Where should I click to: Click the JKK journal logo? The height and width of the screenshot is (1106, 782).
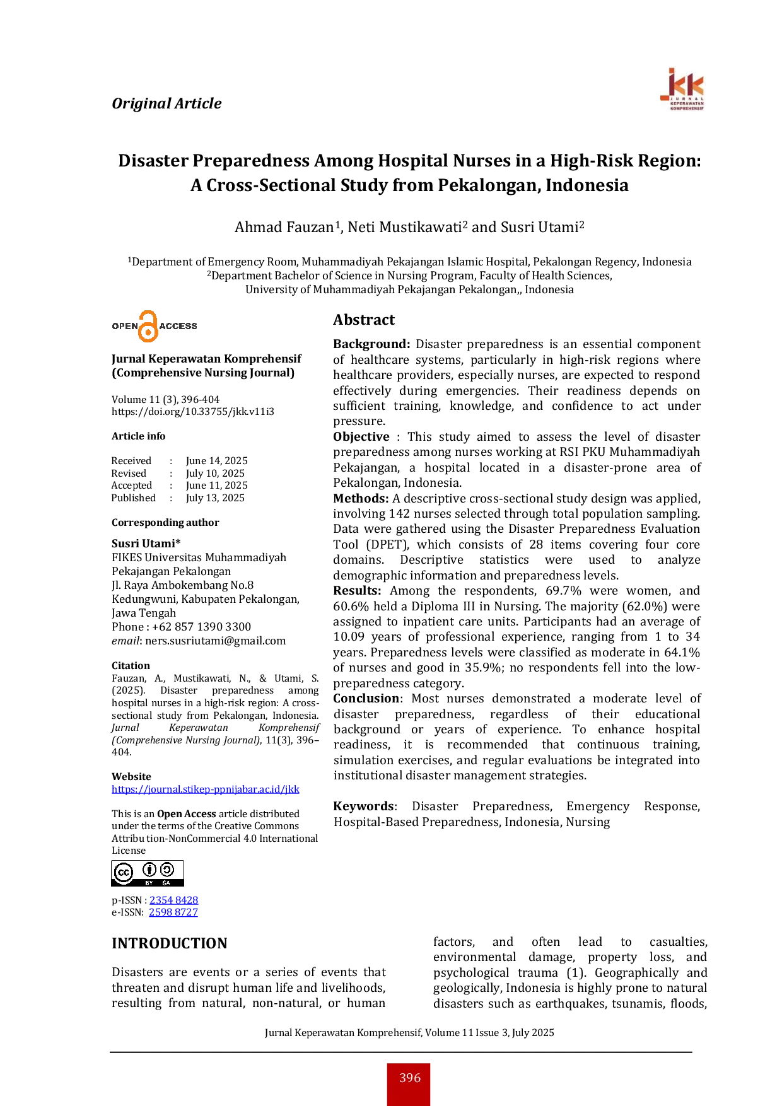coord(682,90)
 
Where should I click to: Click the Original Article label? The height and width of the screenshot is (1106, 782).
coord(166,103)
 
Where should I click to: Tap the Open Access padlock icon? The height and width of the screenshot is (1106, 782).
coord(148,326)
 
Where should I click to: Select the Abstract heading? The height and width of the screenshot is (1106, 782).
coord(364,320)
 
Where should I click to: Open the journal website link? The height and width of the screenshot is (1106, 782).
coord(206,789)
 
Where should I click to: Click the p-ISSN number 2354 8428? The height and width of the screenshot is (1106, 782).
coord(173,900)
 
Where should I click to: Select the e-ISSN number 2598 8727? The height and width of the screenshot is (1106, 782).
coord(173,912)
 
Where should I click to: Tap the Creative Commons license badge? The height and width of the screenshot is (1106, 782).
coord(148,873)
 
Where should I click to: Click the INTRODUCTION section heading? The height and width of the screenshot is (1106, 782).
coord(170,943)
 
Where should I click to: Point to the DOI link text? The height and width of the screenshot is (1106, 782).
coord(193,412)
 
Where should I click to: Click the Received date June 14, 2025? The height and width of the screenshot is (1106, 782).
coord(217,461)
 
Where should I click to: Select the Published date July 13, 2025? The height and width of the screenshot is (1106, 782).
coord(215,498)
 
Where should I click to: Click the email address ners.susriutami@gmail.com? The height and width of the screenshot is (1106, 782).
coord(216,641)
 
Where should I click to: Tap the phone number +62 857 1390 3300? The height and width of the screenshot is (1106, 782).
coord(202,627)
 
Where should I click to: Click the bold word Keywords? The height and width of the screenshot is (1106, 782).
coord(363,806)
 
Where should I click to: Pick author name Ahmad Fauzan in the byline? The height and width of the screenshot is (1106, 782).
coord(284,227)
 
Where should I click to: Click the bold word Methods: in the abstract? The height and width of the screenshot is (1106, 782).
coord(361,498)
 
